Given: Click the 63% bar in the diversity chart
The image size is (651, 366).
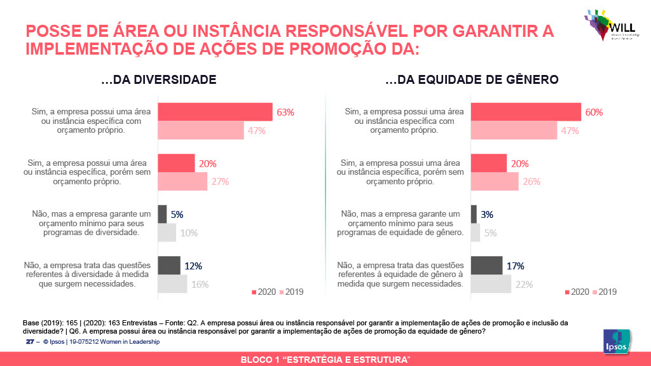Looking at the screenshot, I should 215,112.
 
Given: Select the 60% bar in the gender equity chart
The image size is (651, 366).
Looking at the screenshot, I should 525,112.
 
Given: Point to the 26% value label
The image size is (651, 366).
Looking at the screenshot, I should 531,182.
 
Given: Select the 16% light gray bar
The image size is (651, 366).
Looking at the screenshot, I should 172,284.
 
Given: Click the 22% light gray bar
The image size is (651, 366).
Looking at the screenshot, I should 490,284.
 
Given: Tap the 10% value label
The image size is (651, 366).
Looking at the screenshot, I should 188,233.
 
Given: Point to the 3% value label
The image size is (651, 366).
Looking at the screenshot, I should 487,215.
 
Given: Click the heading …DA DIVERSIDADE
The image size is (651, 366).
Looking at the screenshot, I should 159,80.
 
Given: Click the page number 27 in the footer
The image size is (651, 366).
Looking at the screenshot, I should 29,342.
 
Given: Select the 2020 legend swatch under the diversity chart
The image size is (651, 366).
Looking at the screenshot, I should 254,292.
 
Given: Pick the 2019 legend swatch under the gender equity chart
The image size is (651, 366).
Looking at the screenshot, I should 595,292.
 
